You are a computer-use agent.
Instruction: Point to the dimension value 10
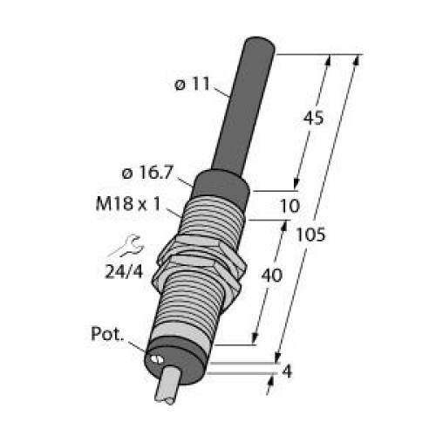coord(290,206)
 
